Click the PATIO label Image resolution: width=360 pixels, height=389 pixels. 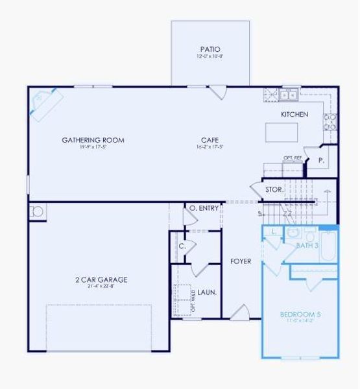[210, 49]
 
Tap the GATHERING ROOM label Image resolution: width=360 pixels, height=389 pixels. [93, 139]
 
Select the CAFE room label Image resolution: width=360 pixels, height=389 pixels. [209, 139]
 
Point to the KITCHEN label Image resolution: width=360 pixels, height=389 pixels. [294, 115]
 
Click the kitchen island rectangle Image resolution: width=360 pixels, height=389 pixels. [281, 132]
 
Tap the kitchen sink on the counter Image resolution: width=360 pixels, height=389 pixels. [287, 95]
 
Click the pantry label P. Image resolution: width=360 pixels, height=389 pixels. [320, 158]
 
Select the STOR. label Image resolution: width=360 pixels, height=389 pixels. [273, 190]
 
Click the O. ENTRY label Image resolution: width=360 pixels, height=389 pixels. [203, 208]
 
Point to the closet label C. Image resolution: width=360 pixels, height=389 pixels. [182, 246]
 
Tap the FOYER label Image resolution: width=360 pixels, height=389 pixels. [241, 262]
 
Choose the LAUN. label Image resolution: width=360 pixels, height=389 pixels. [207, 292]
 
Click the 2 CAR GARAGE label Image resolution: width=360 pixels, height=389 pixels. [101, 279]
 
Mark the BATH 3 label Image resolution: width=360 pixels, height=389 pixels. [307, 246]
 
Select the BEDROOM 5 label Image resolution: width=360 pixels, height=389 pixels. [300, 315]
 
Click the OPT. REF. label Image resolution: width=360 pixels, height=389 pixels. [293, 158]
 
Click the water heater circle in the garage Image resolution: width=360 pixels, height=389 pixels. [38, 211]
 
